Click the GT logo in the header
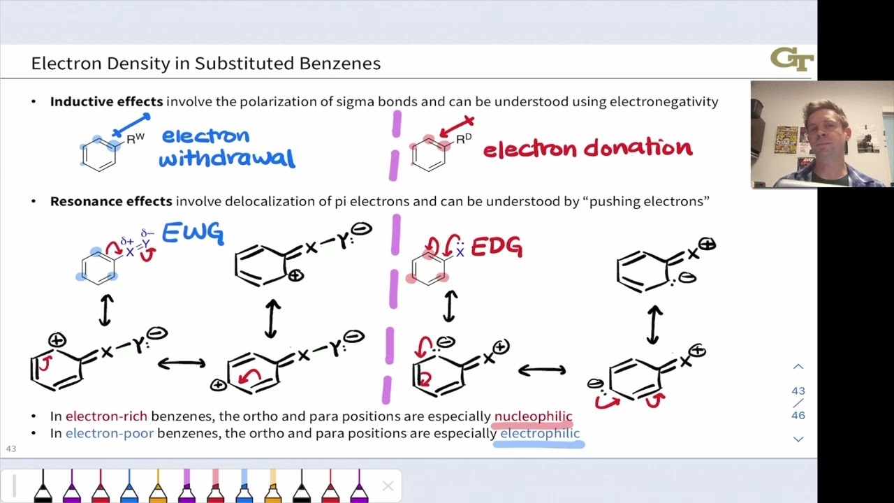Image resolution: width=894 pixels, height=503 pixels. click(x=792, y=59)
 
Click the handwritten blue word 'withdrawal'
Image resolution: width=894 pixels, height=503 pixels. click(x=227, y=159)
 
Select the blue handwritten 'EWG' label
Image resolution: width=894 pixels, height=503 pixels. click(x=193, y=233)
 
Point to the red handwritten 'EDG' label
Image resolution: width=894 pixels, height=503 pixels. click(x=497, y=247)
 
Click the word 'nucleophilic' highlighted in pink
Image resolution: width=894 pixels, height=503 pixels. click(x=533, y=416)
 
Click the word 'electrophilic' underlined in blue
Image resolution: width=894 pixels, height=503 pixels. click(x=540, y=433)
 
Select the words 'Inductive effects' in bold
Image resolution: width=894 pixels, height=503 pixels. click(x=106, y=101)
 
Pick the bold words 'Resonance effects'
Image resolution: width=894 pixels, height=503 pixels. click(x=111, y=201)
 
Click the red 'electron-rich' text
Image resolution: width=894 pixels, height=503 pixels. click(x=106, y=416)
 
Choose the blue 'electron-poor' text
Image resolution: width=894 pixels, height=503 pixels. click(x=109, y=433)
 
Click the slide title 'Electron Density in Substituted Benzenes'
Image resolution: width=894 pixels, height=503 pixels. click(x=206, y=64)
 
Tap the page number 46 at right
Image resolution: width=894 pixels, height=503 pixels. click(x=798, y=415)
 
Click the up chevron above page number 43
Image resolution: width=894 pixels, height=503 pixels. click(x=798, y=367)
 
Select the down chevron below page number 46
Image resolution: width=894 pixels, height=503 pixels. click(x=798, y=439)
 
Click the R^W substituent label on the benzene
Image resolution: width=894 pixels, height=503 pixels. click(x=135, y=138)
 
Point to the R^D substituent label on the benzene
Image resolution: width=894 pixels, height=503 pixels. click(x=464, y=138)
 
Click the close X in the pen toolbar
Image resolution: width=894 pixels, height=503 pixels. click(x=388, y=486)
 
